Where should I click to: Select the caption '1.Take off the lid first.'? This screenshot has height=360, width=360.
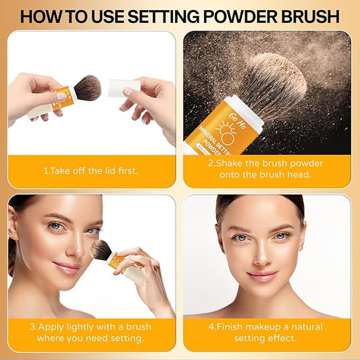(91, 170)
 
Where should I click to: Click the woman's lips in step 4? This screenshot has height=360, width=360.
(262, 276)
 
